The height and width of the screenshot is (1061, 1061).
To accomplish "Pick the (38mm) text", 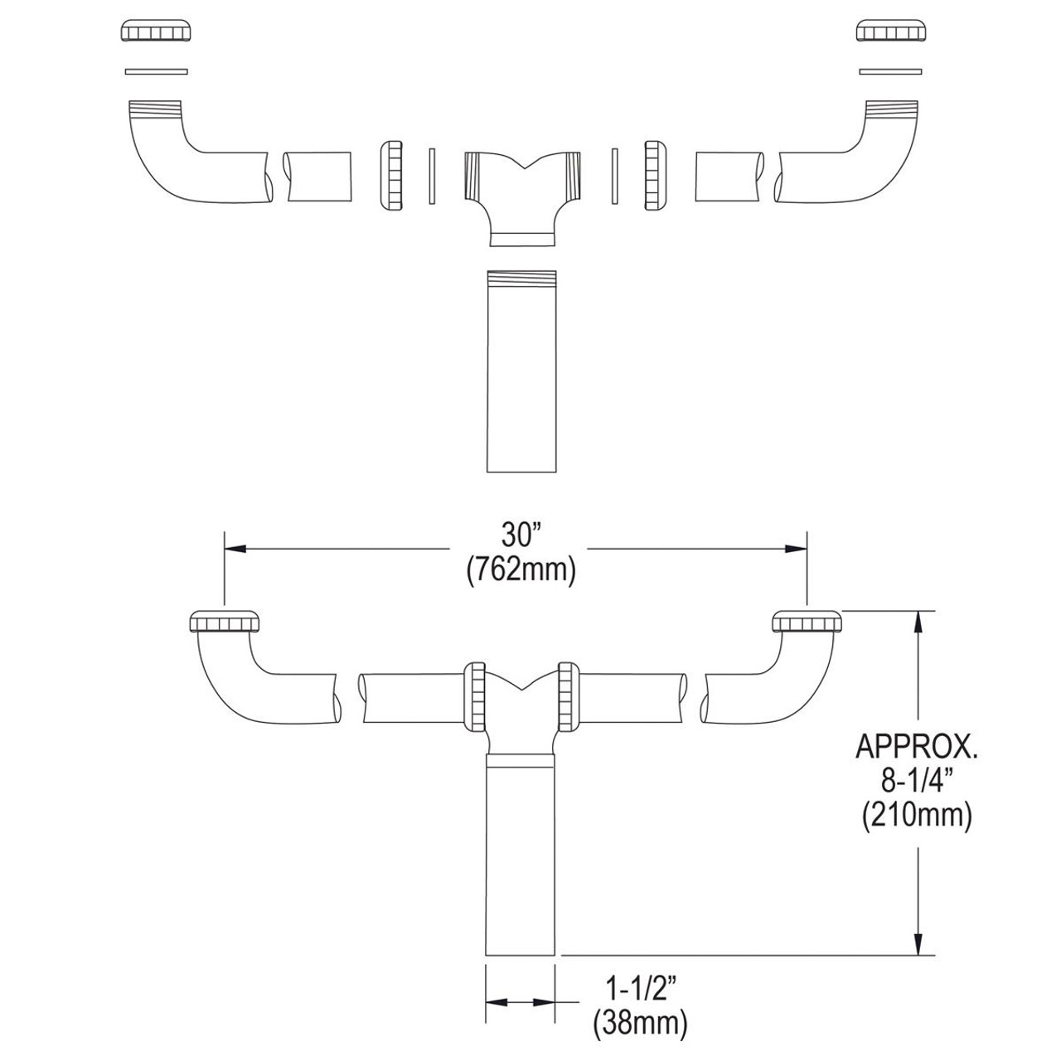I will point(640,1025).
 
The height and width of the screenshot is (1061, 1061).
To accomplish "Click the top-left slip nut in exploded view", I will point(157,31).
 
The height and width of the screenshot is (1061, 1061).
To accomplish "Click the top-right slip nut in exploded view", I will point(891,31).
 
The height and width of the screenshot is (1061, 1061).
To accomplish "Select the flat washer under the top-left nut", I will point(157,71).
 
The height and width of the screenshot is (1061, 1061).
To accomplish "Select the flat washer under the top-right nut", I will point(891,71).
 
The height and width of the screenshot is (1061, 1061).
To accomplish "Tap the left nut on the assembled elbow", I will point(225,622).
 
